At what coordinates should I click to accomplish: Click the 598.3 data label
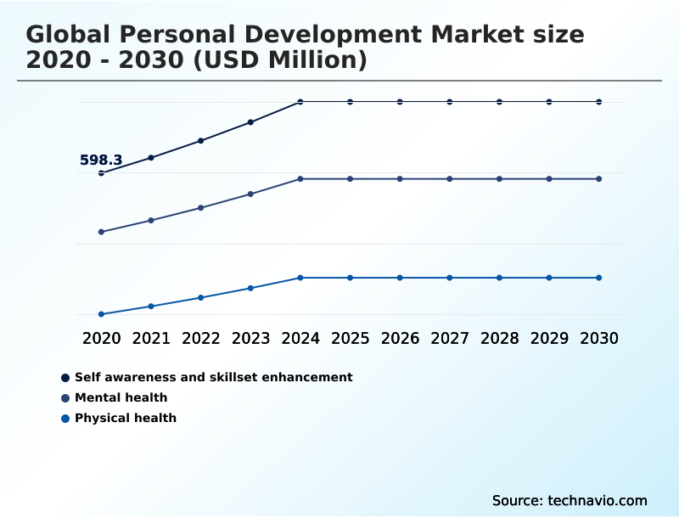[x=101, y=160]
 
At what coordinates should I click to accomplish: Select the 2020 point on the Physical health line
[x=101, y=314]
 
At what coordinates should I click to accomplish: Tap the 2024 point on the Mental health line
[x=300, y=179]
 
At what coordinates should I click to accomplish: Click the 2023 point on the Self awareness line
[x=250, y=122]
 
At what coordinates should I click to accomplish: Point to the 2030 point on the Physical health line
[x=599, y=278]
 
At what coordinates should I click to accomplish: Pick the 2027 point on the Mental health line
[x=450, y=179]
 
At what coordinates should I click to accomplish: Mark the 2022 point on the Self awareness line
[x=201, y=140]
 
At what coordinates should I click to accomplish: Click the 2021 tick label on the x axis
[x=151, y=338]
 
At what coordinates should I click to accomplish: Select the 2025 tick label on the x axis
[x=350, y=338]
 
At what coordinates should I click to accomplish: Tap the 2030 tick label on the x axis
[x=599, y=338]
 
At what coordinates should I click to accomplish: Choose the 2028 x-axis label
[x=499, y=338]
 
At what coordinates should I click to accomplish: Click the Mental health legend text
[x=121, y=397]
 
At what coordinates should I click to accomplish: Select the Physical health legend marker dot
[x=65, y=418]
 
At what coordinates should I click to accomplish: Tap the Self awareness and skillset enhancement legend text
[x=213, y=377]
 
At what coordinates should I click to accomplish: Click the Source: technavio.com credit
[x=570, y=500]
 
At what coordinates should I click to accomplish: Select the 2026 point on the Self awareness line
[x=400, y=102]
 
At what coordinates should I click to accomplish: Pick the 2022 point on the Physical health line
[x=201, y=297]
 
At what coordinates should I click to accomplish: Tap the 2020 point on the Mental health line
[x=101, y=232]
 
